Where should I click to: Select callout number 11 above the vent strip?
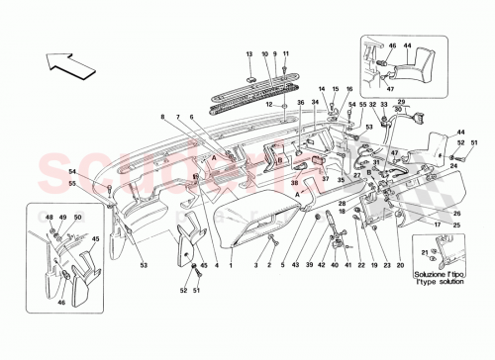pos(285,52)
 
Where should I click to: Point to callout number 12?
pos(269,105)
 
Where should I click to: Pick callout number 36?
pos(300,102)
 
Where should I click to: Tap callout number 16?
pos(335,91)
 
